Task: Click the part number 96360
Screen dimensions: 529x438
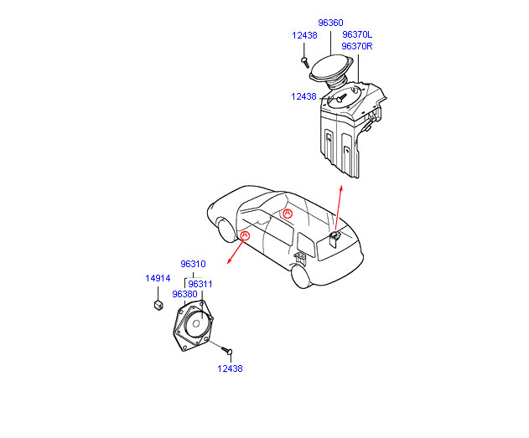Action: click(330, 23)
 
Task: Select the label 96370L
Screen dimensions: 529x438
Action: click(357, 34)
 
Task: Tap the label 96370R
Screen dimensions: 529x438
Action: click(357, 46)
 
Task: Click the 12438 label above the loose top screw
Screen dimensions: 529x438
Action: click(304, 35)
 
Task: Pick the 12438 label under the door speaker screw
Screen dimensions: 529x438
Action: click(230, 368)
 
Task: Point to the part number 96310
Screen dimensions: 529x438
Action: click(193, 264)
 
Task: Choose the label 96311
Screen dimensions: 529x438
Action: click(200, 284)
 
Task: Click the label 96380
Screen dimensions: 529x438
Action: click(184, 294)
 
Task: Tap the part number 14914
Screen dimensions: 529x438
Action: click(158, 278)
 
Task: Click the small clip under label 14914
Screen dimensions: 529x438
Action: click(158, 305)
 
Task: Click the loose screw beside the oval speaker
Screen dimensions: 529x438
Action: click(305, 62)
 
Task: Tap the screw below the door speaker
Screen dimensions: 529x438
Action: click(227, 351)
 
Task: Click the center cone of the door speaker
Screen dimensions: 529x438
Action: click(196, 324)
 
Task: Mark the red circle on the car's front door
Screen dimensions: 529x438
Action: click(244, 235)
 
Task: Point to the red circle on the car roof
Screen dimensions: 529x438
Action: click(288, 214)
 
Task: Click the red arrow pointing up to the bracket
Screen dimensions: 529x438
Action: click(339, 209)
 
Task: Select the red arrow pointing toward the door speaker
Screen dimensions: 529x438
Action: click(236, 251)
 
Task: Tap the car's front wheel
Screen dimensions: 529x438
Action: click(226, 230)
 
